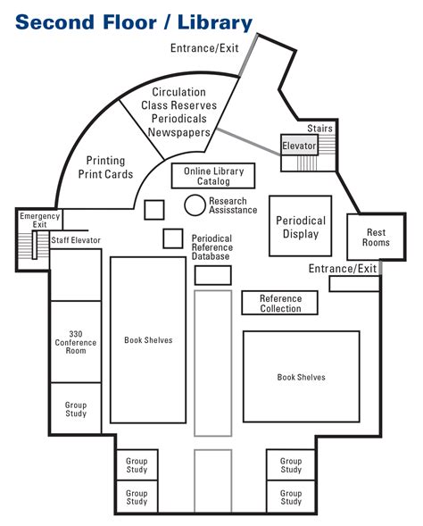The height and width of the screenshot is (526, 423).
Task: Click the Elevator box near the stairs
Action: pyautogui.click(x=299, y=145)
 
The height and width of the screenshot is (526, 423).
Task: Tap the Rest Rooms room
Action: pyautogui.click(x=376, y=237)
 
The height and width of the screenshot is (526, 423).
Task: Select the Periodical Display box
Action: pyautogui.click(x=301, y=226)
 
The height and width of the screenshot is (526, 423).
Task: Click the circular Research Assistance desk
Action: pyautogui.click(x=195, y=205)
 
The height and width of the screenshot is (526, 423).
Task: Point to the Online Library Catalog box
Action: pyautogui.click(x=213, y=176)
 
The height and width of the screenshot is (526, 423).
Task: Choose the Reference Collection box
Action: pyautogui.click(x=280, y=303)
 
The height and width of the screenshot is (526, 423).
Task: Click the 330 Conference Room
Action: pyautogui.click(x=76, y=341)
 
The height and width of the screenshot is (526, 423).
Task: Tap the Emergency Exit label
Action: pyautogui.click(x=40, y=220)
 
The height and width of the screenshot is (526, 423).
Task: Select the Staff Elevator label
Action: pyautogui.click(x=76, y=240)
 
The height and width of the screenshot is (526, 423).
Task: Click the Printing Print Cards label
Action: pyautogui.click(x=105, y=167)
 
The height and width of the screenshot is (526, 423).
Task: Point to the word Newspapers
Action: pyautogui.click(x=179, y=132)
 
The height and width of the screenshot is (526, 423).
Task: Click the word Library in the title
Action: pyautogui.click(x=215, y=22)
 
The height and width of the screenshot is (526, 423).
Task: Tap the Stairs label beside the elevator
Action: pyautogui.click(x=319, y=128)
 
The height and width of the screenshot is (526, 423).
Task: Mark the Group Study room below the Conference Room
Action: pyautogui.click(x=76, y=408)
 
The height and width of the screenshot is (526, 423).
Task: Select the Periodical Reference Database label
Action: pyautogui.click(x=212, y=247)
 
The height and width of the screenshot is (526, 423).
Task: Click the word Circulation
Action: pyautogui.click(x=179, y=92)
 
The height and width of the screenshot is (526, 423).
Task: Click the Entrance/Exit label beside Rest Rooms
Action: pyautogui.click(x=343, y=269)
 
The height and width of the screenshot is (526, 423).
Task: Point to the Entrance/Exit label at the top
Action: pyautogui.click(x=204, y=48)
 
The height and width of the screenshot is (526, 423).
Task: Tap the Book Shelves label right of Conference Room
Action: pyautogui.click(x=148, y=340)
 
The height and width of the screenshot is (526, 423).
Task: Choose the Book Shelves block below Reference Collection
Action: pyautogui.click(x=302, y=376)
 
